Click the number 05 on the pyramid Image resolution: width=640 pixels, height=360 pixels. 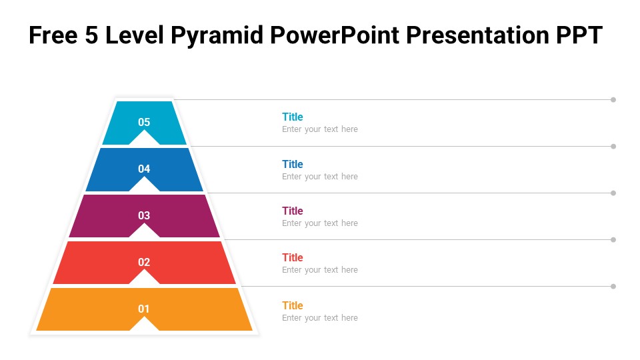click(x=144, y=122)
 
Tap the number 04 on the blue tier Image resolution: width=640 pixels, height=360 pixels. click(x=144, y=169)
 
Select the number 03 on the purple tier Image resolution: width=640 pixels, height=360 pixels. click(x=144, y=215)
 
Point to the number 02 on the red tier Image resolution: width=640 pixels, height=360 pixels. click(x=144, y=262)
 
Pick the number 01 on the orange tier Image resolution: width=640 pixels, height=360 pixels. click(x=144, y=309)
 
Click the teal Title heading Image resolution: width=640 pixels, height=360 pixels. click(x=293, y=117)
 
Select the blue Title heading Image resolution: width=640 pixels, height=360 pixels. click(x=293, y=164)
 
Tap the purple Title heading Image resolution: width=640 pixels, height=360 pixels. click(x=293, y=211)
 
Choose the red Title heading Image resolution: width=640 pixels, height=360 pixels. click(x=293, y=257)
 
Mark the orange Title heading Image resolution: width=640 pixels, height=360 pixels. click(x=293, y=305)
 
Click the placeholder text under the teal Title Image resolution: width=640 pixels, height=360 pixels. click(x=320, y=129)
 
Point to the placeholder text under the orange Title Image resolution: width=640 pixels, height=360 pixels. click(x=320, y=318)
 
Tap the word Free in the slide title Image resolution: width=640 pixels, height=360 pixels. click(x=53, y=35)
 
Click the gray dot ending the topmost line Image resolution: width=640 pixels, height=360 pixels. click(x=613, y=99)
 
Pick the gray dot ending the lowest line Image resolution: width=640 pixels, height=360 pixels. click(x=613, y=286)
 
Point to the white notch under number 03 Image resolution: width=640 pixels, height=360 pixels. click(x=144, y=232)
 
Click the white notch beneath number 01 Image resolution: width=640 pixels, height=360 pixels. click(x=144, y=325)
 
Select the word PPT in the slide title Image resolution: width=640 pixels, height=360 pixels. click(x=579, y=35)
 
